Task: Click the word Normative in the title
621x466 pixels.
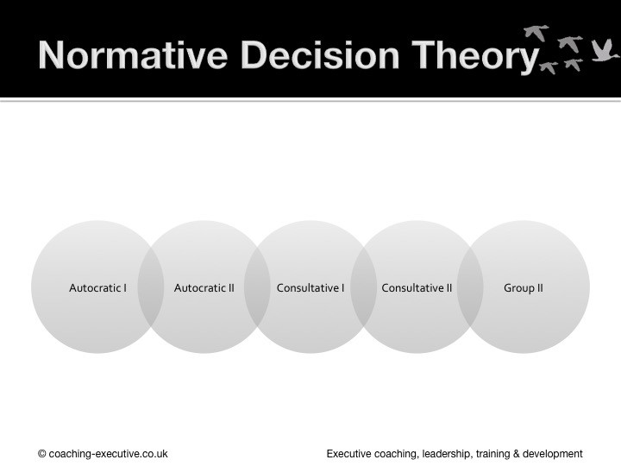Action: pyautogui.click(x=133, y=55)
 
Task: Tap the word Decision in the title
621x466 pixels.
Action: pyautogui.click(x=320, y=55)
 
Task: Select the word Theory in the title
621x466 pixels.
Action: pyautogui.click(x=475, y=58)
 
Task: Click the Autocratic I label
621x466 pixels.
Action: pyautogui.click(x=97, y=287)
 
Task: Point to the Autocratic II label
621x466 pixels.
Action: pyautogui.click(x=204, y=287)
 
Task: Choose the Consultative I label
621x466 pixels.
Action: pyautogui.click(x=310, y=287)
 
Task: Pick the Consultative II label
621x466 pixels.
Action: pyautogui.click(x=417, y=287)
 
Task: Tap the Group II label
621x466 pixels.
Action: pyautogui.click(x=524, y=288)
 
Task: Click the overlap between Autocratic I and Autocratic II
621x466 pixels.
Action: pyautogui.click(x=151, y=287)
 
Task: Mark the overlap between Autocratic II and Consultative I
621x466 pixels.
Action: pyautogui.click(x=257, y=287)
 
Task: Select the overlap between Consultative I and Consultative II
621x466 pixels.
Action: pyautogui.click(x=364, y=287)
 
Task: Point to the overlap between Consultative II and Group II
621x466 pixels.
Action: pyautogui.click(x=470, y=287)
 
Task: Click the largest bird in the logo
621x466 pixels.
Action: pyautogui.click(x=604, y=51)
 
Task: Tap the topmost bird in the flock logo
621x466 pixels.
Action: pyautogui.click(x=536, y=33)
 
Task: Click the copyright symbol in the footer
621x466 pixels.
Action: pyautogui.click(x=42, y=454)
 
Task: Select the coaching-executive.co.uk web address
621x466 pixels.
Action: pyautogui.click(x=108, y=454)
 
